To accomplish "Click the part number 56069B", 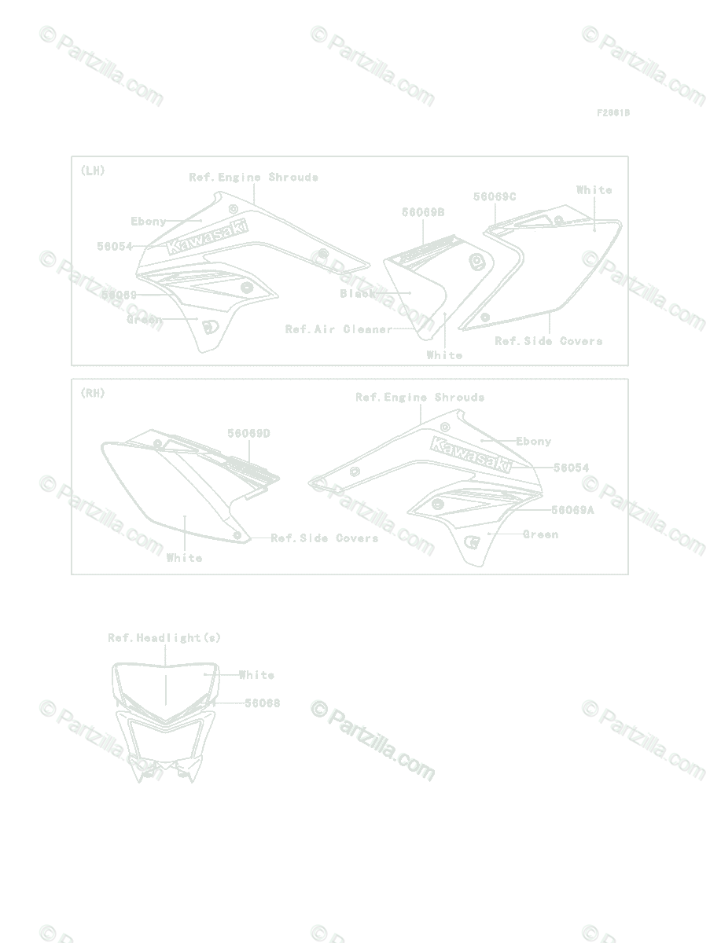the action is point(423,212).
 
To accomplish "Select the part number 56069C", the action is point(495,197).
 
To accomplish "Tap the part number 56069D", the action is point(249,434).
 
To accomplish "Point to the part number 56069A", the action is point(572,510).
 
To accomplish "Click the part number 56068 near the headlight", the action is point(262,703).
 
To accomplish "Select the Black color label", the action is point(358,293).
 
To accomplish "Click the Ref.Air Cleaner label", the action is point(338,329).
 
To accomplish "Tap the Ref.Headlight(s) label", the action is point(164,638).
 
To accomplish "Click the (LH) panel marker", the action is point(92,170).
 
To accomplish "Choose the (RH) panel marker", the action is point(92,393).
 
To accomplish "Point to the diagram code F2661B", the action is point(612,113).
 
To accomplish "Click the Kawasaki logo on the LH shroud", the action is point(207,236).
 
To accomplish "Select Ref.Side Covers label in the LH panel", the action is point(549,341).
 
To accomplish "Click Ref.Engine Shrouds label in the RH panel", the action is point(420,398).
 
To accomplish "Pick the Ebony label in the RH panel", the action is point(534,442).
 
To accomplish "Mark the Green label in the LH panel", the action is point(144,320).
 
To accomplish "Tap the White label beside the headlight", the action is point(256,675).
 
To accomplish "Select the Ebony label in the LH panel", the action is point(149,222).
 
